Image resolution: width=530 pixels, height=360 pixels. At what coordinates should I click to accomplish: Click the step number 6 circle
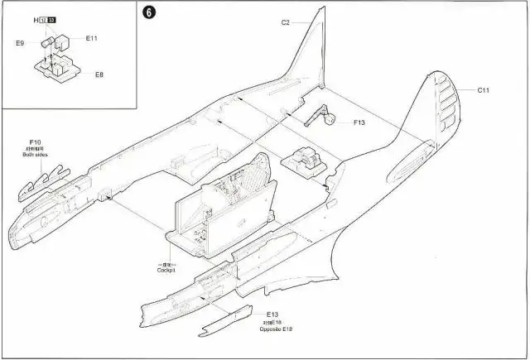click(x=149, y=13)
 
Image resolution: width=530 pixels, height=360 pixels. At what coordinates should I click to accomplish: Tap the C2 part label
click(x=285, y=22)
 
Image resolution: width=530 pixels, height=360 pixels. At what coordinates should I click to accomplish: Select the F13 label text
click(x=359, y=122)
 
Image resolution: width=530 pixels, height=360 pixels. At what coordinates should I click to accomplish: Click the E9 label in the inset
click(x=20, y=42)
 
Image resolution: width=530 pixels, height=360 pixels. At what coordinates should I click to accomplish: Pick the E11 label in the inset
click(x=91, y=38)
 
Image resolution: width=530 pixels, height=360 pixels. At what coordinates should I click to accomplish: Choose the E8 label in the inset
click(x=99, y=74)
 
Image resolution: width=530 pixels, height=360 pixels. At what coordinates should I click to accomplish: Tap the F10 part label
click(x=35, y=142)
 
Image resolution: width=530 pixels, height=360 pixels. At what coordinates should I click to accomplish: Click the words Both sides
click(x=35, y=155)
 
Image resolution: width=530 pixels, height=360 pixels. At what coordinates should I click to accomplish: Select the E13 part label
click(x=272, y=315)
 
